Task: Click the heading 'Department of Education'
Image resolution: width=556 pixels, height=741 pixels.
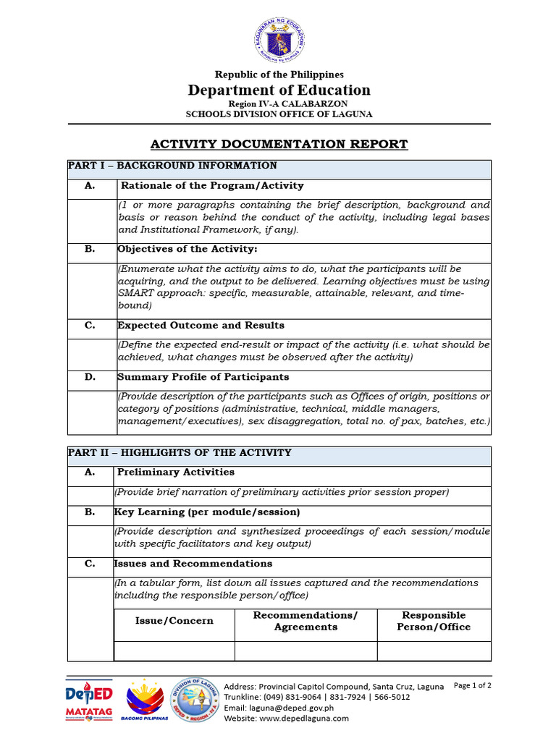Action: [279, 90]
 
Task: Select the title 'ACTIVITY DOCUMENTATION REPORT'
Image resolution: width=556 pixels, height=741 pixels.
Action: [279, 144]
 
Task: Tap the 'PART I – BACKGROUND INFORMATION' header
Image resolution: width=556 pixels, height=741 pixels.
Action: [172, 166]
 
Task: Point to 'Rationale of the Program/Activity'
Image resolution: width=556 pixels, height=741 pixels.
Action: [212, 186]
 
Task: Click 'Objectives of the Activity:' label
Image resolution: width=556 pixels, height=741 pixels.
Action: [188, 249]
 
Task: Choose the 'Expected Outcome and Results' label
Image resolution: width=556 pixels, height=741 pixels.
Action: [201, 326]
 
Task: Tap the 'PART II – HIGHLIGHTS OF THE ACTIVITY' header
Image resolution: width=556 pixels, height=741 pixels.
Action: [180, 453]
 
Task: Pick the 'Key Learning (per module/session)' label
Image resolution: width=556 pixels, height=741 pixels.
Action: [207, 512]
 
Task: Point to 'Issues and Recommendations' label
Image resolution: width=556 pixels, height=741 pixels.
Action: [193, 564]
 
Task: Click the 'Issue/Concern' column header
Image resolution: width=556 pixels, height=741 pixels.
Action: [174, 621]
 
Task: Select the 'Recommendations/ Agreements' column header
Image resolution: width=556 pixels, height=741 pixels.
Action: [306, 621]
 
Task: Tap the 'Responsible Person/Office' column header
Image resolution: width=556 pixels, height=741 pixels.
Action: [434, 621]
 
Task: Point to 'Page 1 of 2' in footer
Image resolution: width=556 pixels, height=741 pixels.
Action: [472, 685]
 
